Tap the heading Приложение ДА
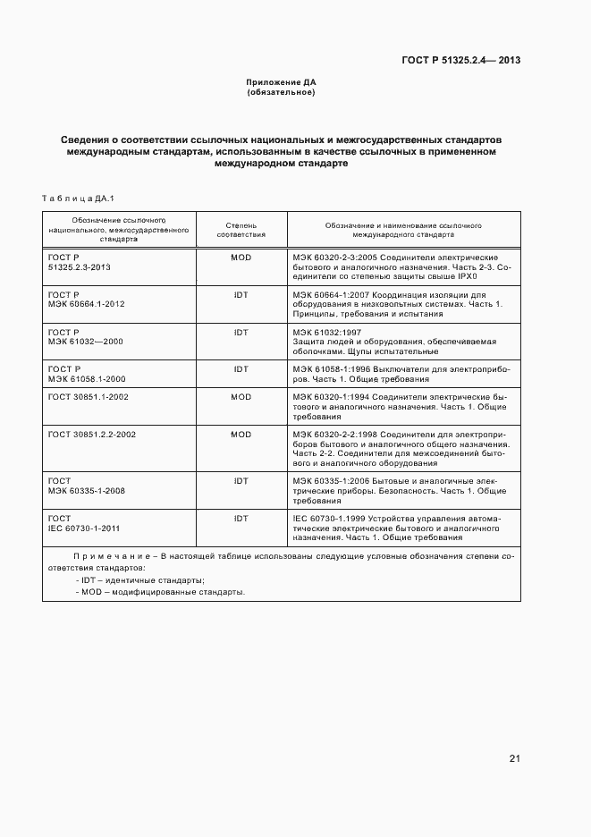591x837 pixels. click(282, 82)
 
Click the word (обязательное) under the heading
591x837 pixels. click(282, 92)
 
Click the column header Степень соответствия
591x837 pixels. click(241, 230)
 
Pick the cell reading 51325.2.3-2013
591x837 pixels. click(79, 267)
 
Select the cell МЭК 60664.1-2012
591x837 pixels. click(86, 304)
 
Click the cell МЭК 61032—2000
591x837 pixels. click(86, 342)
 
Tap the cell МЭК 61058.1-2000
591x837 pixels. click(86, 378)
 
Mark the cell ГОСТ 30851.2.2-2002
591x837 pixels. click(91, 434)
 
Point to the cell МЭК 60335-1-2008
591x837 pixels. click(86, 491)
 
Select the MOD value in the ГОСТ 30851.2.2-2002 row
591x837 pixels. click(241, 434)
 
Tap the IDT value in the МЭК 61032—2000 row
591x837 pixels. click(241, 332)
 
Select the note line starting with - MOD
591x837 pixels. click(160, 592)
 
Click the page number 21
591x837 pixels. click(514, 759)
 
